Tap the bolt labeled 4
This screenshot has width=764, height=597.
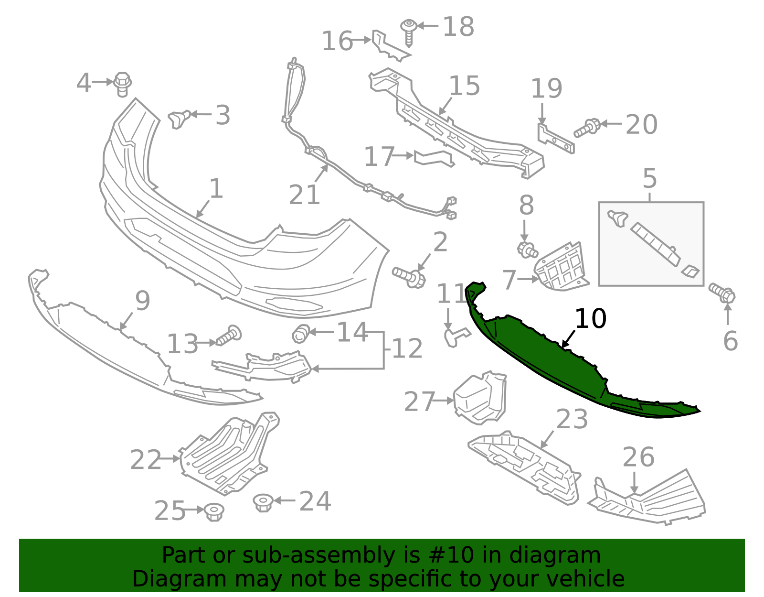pyautogui.click(x=123, y=85)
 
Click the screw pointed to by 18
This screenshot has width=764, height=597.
pyautogui.click(x=409, y=32)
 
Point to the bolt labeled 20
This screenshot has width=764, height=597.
pyautogui.click(x=587, y=128)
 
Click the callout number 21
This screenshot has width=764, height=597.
pyautogui.click(x=304, y=195)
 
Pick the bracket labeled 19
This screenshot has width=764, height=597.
pyautogui.click(x=555, y=139)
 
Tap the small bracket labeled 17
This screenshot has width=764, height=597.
pyautogui.click(x=434, y=158)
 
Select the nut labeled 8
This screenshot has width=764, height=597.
pyautogui.click(x=527, y=250)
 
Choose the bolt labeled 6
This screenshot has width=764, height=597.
pyautogui.click(x=722, y=293)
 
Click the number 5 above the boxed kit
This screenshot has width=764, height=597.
pyautogui.click(x=649, y=178)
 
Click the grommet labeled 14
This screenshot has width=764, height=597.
pyautogui.click(x=300, y=333)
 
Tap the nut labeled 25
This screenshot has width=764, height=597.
pyautogui.click(x=213, y=512)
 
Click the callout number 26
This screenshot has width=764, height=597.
pyautogui.click(x=638, y=457)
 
